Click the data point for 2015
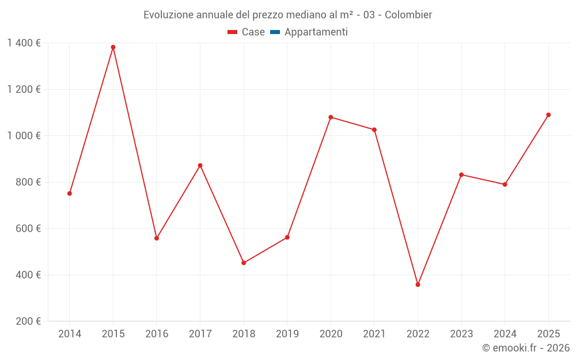coord(113,47)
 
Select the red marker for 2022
coord(418,285)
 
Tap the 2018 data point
coord(244,263)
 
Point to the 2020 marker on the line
coord(331,117)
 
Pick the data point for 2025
coord(548,115)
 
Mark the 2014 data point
coord(70,194)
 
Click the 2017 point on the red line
coord(200,165)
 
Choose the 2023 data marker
coord(461,175)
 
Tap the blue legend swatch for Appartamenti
coord(275,32)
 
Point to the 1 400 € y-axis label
coord(24,43)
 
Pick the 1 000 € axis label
coord(24,136)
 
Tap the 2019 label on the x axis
coord(287,334)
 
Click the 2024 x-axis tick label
coord(505,334)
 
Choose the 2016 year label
coord(157,334)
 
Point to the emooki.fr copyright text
coord(526,348)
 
